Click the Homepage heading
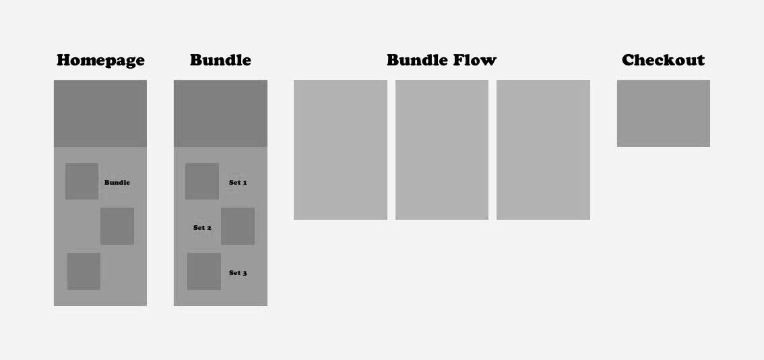[100, 60]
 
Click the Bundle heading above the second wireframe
[220, 60]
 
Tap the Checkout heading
[663, 60]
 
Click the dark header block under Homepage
[100, 113]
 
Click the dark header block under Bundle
[220, 113]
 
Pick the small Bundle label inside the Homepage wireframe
[117, 183]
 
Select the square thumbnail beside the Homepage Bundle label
[82, 181]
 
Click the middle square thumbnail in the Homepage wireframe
[117, 226]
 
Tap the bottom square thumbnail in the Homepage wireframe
[84, 271]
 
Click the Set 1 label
[238, 183]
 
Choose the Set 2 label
[202, 228]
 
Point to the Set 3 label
[238, 273]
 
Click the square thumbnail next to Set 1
[202, 181]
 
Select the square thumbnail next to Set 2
[238, 226]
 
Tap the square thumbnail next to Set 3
[204, 271]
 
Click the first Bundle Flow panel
[340, 150]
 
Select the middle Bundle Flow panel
[442, 150]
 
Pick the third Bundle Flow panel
[543, 150]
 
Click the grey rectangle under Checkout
[663, 113]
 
